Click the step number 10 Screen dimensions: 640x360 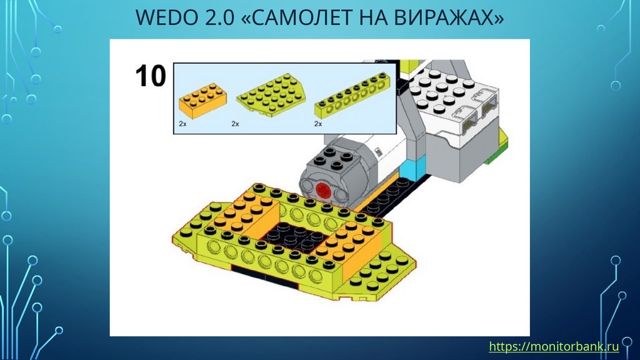click(x=151, y=76)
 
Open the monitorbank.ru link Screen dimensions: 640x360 click(x=554, y=346)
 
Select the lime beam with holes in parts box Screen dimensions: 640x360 click(x=352, y=96)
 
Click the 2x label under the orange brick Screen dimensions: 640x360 click(x=182, y=124)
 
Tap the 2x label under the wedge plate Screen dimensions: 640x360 click(x=235, y=124)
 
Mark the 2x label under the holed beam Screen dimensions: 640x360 click(x=318, y=124)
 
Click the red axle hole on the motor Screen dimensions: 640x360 click(x=324, y=190)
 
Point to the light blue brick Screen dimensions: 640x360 click(x=412, y=169)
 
